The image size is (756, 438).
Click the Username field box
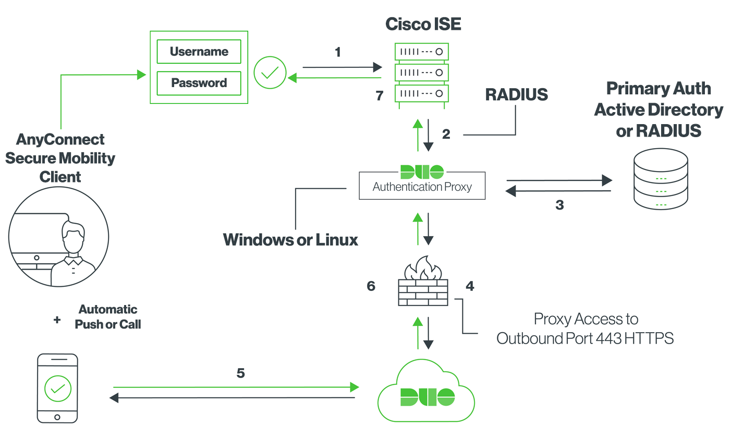pyautogui.click(x=199, y=52)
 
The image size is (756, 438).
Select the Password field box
pyautogui.click(x=199, y=83)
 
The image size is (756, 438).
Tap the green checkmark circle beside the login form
pyautogui.click(x=270, y=73)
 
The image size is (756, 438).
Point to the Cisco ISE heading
pyautogui.click(x=423, y=24)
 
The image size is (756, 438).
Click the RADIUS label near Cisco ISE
pyautogui.click(x=516, y=94)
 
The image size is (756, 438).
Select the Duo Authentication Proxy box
pyautogui.click(x=422, y=185)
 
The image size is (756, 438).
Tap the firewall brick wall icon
pyautogui.click(x=423, y=284)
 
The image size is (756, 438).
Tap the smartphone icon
pyautogui.click(x=57, y=389)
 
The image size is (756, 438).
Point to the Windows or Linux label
pyautogui.click(x=290, y=239)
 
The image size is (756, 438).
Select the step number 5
pyautogui.click(x=240, y=373)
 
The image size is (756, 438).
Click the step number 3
pyautogui.click(x=559, y=205)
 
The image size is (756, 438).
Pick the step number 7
pyautogui.click(x=379, y=95)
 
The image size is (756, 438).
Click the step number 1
pyautogui.click(x=338, y=52)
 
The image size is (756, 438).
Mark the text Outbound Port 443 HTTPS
pyautogui.click(x=585, y=338)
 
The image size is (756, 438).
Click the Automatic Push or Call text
pyautogui.click(x=108, y=317)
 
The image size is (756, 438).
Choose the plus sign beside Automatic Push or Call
pyautogui.click(x=57, y=320)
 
